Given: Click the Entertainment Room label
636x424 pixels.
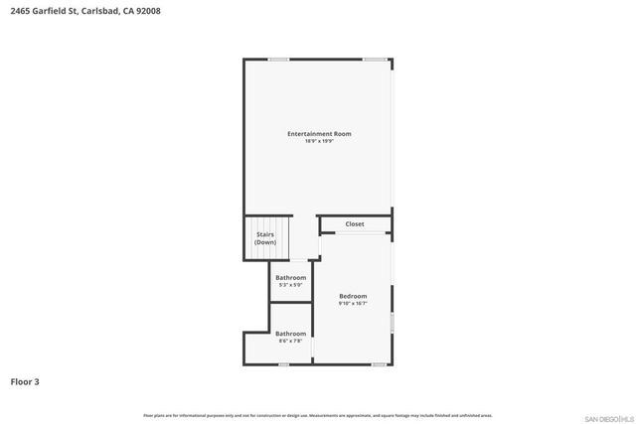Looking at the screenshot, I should coord(319,134).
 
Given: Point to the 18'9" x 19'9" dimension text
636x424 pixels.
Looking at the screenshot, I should coord(319,141).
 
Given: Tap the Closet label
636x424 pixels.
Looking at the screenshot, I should coord(355,224).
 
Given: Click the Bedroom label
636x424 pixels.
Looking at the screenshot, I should coord(353,296).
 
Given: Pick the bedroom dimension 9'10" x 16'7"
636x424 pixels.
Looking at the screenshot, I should coord(353,303).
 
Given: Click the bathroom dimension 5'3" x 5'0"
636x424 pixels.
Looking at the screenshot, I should coord(291,285).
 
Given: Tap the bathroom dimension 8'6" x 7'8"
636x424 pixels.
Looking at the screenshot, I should coord(291,341).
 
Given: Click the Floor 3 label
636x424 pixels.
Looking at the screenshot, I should coord(25,380).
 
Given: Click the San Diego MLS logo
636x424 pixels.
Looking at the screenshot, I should coord(606,416).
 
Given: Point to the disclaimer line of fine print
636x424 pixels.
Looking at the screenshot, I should coord(317,415).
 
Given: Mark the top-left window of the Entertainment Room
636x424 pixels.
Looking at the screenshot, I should coord(279,60).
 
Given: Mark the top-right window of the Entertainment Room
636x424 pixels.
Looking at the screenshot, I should coord(375,60).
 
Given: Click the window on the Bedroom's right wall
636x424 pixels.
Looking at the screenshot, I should coord(393,323).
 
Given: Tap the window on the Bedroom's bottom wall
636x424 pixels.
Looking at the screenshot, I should coord(379,364).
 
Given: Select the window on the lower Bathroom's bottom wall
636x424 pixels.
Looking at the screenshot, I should coord(284,364).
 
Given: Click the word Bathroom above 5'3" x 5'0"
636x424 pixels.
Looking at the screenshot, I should coord(291,277).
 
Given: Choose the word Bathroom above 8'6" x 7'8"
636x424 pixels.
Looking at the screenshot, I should coord(291,334).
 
